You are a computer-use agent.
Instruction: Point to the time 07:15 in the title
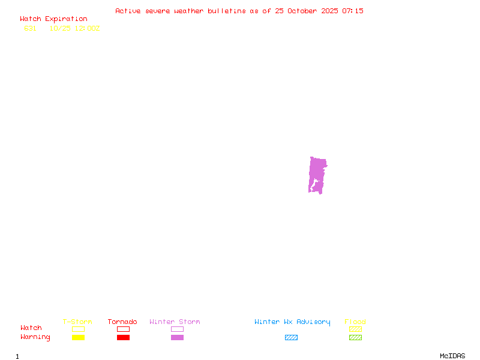[353, 11]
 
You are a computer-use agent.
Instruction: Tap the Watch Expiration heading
[53, 19]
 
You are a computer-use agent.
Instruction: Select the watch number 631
[30, 28]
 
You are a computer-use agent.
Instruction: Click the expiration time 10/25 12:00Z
[74, 28]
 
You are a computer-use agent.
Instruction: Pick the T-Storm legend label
[77, 322]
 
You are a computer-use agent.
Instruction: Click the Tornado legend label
[122, 322]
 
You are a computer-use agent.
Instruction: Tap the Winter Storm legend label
[175, 322]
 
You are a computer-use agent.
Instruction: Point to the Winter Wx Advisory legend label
[292, 322]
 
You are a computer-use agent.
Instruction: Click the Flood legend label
[355, 322]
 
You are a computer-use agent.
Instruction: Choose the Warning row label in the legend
[35, 337]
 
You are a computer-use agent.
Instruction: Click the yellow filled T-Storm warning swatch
[78, 338]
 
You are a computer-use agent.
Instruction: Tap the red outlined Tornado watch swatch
[123, 329]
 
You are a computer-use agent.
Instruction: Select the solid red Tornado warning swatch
[123, 338]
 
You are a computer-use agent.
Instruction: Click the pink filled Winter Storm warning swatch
[177, 338]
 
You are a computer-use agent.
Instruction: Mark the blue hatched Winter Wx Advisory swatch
[291, 338]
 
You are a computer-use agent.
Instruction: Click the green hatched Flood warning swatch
[355, 338]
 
